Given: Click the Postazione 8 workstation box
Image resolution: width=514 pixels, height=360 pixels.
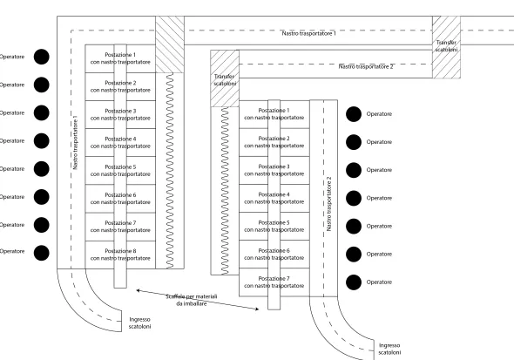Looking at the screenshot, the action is (x=120, y=255).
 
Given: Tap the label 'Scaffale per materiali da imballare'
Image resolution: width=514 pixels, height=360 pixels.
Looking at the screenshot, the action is (x=192, y=300).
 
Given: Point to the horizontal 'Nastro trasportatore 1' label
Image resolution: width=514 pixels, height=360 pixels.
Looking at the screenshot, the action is (x=308, y=33).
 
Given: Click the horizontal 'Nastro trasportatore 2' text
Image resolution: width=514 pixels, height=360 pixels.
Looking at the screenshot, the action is (x=366, y=66).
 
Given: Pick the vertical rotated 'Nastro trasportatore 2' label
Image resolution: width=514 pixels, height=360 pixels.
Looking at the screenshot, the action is (x=329, y=204).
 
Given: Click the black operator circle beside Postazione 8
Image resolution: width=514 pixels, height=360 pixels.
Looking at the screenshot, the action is (x=42, y=253).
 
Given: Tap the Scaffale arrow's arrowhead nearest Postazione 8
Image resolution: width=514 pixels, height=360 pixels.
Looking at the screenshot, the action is (x=137, y=290).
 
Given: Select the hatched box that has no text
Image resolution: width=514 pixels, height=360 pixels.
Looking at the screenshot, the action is (x=170, y=44).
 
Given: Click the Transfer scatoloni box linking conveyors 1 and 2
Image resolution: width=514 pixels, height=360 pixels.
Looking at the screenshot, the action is (x=446, y=47).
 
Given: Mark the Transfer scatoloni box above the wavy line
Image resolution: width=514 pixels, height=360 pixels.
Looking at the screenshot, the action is (x=225, y=78).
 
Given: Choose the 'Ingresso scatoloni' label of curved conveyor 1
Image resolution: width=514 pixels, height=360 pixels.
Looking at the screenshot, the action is (x=139, y=323).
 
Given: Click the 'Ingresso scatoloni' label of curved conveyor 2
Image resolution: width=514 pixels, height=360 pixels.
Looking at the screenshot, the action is (x=389, y=349).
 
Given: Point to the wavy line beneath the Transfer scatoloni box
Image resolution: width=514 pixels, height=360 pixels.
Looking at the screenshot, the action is (x=225, y=191).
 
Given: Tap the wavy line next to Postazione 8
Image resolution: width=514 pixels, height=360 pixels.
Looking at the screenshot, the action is (x=170, y=171).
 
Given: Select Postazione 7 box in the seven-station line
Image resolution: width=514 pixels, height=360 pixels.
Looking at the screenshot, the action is (x=274, y=282).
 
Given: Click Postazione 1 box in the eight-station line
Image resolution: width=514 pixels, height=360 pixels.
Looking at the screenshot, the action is (x=120, y=58).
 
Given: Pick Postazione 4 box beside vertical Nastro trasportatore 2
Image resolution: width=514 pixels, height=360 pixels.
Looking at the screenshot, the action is (x=274, y=198).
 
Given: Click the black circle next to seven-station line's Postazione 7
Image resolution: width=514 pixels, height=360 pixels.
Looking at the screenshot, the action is (x=354, y=282).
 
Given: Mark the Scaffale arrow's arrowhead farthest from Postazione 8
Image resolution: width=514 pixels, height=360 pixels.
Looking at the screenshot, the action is (x=257, y=309).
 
